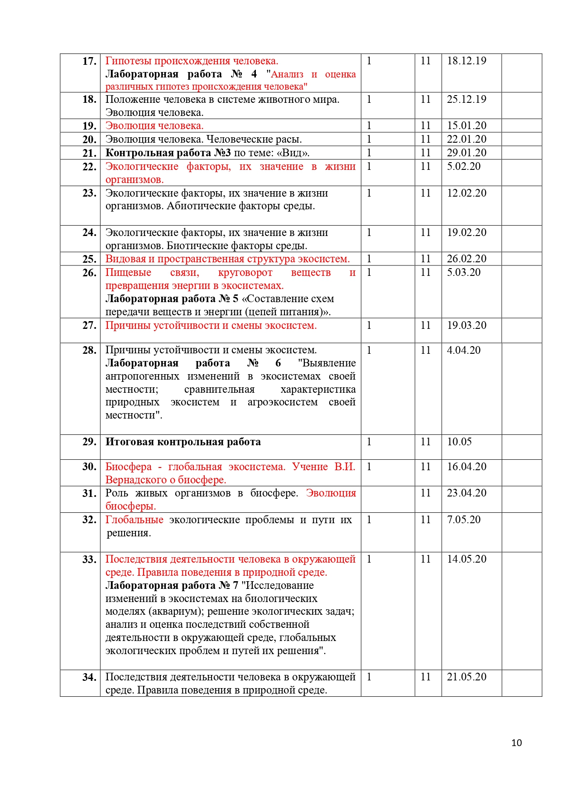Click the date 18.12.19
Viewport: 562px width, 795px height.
pos(466,61)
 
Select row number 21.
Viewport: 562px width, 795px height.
pos(89,153)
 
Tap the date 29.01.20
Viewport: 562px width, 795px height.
pos(466,153)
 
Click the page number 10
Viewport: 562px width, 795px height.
pos(516,742)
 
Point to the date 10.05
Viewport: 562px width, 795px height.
pos(459,442)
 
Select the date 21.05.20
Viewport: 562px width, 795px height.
pos(466,677)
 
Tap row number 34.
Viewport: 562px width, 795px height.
pos(89,677)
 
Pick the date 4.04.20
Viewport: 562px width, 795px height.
pos(464,350)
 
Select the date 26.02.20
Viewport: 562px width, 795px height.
pos(466,259)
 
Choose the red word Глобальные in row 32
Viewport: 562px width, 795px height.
pos(134,520)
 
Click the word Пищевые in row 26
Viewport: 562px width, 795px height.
pos(128,272)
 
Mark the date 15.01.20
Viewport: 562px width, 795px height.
pos(466,125)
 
